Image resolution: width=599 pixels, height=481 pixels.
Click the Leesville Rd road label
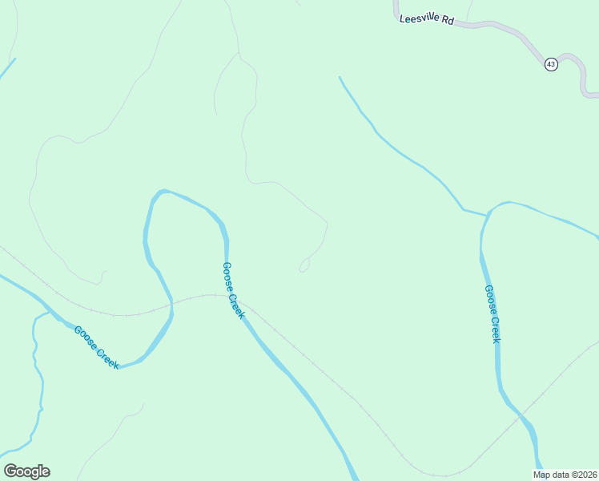pos(427,18)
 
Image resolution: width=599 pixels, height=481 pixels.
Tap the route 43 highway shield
pos(551,64)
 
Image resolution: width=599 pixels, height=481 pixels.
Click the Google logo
pos(27,471)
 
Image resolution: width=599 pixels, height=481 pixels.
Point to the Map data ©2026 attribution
pos(565,475)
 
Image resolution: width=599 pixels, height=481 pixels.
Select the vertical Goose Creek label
pos(492,313)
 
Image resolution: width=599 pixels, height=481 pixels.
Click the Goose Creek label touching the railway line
pos(232,290)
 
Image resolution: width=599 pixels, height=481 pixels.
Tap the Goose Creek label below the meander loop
pos(97,347)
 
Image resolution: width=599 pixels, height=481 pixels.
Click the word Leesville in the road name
pos(418,18)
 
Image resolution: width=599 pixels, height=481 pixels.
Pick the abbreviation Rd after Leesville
pos(447,21)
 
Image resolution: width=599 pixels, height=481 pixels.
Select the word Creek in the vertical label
pos(495,329)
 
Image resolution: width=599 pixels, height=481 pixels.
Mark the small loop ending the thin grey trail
pos(304,266)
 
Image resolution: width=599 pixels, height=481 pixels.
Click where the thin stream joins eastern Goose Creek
pos(487,215)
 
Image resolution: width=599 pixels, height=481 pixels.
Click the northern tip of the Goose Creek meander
pos(163,192)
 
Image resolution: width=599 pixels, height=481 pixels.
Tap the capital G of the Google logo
pos(10,471)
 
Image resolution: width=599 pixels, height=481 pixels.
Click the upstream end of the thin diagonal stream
pos(340,78)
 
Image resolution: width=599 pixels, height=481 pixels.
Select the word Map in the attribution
pos(542,475)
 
